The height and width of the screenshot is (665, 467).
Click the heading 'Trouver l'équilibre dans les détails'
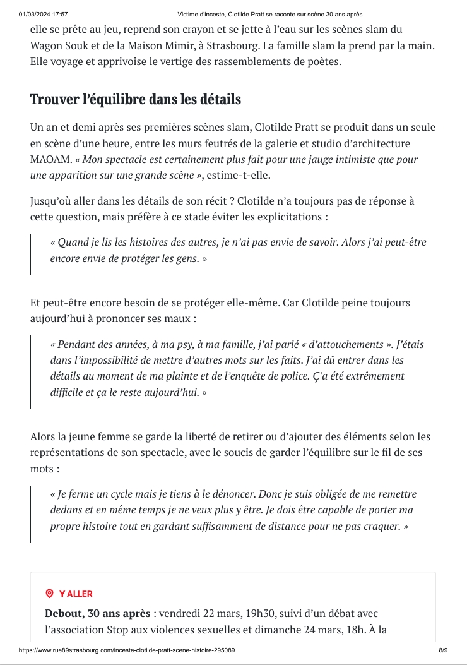pyautogui.click(x=136, y=100)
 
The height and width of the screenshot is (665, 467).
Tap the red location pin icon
pyautogui.click(x=49, y=594)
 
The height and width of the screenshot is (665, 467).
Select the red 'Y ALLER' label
pyautogui.click(x=76, y=594)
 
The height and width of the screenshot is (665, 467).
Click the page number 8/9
pyautogui.click(x=443, y=650)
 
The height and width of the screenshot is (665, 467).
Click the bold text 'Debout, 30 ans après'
pyautogui.click(x=97, y=613)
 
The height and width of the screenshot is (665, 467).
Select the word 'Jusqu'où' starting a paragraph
pyautogui.click(x=52, y=201)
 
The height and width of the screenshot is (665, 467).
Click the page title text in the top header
pyautogui.click(x=269, y=14)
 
